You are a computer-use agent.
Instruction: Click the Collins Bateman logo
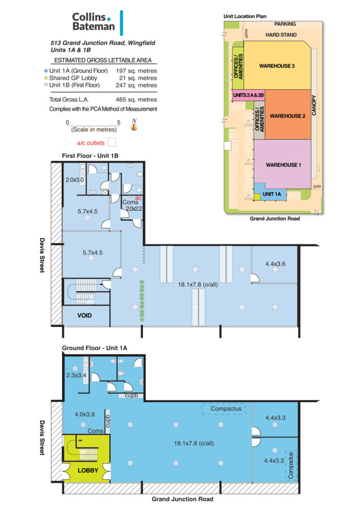97,22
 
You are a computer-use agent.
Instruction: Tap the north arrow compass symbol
134,124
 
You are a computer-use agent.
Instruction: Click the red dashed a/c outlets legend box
112,142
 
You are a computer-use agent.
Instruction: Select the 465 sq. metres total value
136,100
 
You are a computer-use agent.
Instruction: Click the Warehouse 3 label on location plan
277,66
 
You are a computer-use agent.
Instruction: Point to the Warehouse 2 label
288,116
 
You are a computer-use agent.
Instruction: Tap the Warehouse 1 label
284,165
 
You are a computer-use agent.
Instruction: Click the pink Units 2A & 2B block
248,96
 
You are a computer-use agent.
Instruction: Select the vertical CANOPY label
314,105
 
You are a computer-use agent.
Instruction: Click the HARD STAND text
281,34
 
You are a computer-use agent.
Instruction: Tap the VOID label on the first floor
84,315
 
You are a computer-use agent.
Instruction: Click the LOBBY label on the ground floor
88,470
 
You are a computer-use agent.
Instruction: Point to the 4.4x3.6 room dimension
275,264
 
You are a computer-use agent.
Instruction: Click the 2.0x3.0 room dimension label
75,179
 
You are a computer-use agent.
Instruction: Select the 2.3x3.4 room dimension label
76,376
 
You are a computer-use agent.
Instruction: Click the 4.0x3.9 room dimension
84,414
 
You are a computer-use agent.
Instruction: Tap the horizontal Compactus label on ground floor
226,409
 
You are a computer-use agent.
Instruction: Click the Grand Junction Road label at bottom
183,499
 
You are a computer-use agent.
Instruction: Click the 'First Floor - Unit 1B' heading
90,156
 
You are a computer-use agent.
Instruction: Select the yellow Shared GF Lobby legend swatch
46,78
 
